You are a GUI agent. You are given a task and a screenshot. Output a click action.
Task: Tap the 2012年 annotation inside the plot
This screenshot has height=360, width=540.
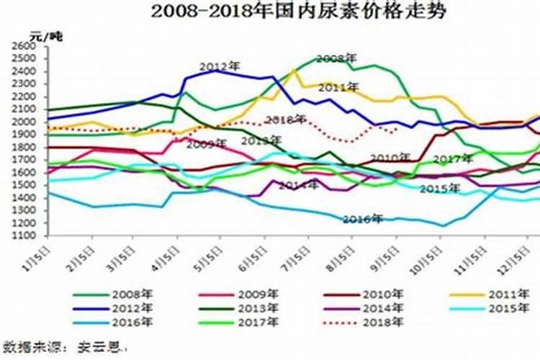pos(219,66)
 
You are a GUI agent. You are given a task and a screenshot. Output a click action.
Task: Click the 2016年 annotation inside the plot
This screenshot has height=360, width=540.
pos(362,219)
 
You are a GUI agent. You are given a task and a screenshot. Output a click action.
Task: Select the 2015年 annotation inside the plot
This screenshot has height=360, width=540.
pos(440,189)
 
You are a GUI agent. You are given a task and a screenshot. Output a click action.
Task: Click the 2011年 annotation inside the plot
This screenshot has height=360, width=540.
pos(339,86)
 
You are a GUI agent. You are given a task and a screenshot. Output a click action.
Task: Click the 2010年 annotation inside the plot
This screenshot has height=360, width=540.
pos(390,158)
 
